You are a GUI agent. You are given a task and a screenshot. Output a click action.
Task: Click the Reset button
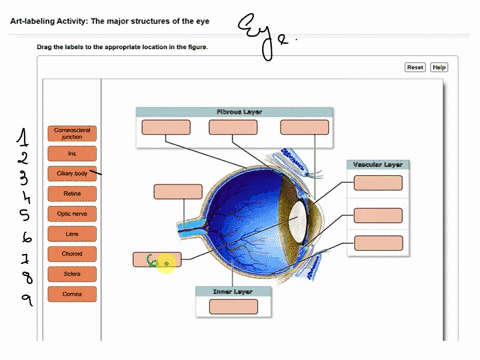(415, 67)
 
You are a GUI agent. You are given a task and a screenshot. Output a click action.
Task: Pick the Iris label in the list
(71, 154)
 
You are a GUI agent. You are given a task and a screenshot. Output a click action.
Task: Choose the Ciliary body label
(71, 173)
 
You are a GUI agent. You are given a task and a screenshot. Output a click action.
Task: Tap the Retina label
(71, 193)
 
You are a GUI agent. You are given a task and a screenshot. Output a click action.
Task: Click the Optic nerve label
(71, 213)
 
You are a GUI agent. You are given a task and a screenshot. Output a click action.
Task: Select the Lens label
(71, 233)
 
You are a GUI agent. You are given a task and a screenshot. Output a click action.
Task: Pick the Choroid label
(71, 253)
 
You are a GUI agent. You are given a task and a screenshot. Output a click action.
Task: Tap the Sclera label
(71, 273)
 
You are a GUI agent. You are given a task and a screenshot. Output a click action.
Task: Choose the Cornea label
(71, 293)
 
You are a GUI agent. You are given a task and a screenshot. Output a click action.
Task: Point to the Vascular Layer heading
(378, 164)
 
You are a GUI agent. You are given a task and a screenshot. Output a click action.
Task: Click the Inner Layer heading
(234, 291)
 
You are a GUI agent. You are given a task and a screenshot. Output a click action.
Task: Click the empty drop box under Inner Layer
(234, 307)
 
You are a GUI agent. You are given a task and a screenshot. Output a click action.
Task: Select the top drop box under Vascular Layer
(378, 183)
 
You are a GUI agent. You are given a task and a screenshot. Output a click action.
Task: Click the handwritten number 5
(24, 214)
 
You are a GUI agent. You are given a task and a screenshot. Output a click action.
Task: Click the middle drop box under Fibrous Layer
(232, 127)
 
